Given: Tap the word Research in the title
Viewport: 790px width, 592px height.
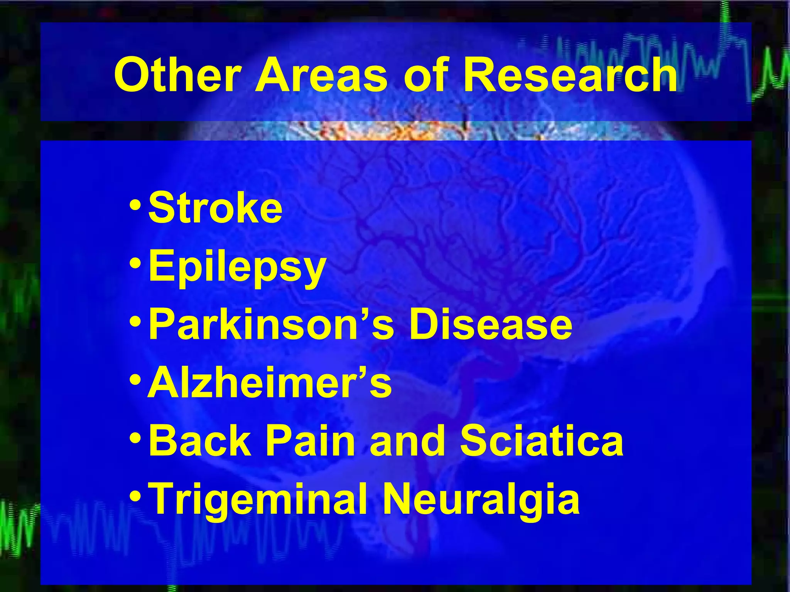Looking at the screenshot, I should click(570, 75).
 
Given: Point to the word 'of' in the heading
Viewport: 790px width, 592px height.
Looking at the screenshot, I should click(424, 75).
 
